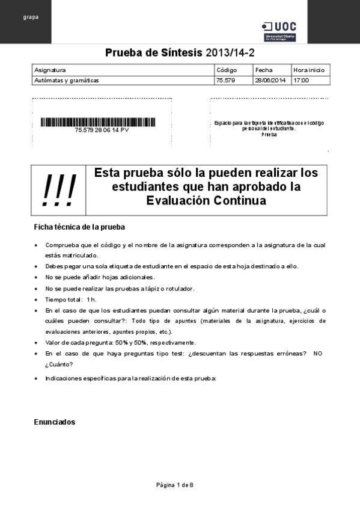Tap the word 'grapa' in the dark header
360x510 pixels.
[x=31, y=17]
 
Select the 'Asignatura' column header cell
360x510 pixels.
[x=50, y=70]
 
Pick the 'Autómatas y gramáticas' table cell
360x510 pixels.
[x=67, y=80]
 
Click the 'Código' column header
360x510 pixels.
[x=227, y=70]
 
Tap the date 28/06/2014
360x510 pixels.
[x=270, y=80]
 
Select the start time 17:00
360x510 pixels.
[x=301, y=80]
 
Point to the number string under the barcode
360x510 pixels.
[x=101, y=130]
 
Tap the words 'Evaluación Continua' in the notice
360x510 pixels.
[x=206, y=201]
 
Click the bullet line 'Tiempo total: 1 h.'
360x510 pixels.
[x=71, y=300]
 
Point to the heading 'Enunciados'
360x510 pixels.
[x=55, y=422]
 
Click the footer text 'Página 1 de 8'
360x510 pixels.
[x=175, y=485]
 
